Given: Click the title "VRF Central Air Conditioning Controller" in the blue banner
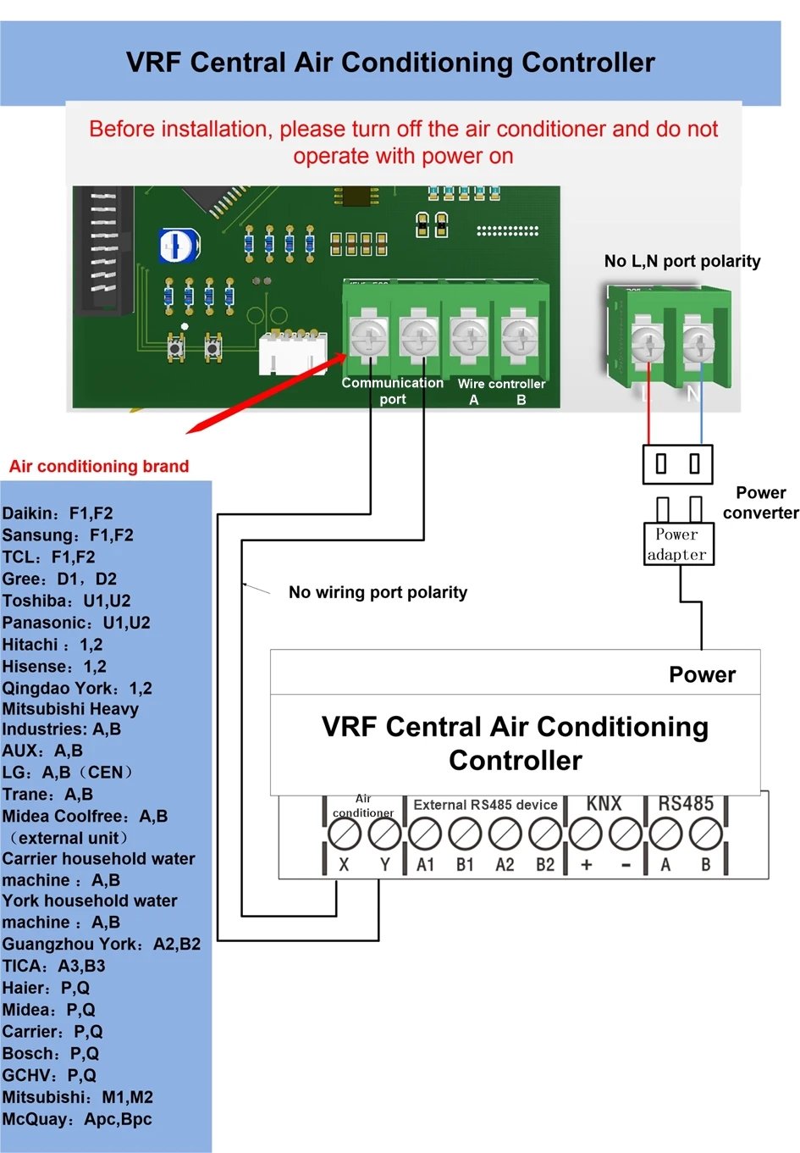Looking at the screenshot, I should pyautogui.click(x=390, y=63).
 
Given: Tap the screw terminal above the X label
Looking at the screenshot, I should pyautogui.click(x=344, y=834).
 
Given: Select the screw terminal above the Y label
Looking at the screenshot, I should pyautogui.click(x=385, y=834).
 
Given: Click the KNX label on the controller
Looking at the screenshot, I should pyautogui.click(x=604, y=803).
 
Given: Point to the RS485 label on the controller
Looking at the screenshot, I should pyautogui.click(x=686, y=803).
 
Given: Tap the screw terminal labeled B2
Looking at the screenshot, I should pyautogui.click(x=545, y=835).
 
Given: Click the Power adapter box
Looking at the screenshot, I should pyautogui.click(x=677, y=545).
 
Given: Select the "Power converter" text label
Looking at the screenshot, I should pyautogui.click(x=760, y=502).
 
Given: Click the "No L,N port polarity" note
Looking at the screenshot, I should pyautogui.click(x=682, y=261).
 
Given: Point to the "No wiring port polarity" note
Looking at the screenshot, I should pyautogui.click(x=378, y=592).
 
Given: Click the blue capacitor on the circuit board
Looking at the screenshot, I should pyautogui.click(x=179, y=246).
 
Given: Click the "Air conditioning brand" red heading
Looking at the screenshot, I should pyautogui.click(x=99, y=466).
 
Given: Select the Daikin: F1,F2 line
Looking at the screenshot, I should pyautogui.click(x=58, y=513).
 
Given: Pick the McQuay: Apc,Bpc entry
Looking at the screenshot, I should pyautogui.click(x=77, y=1119).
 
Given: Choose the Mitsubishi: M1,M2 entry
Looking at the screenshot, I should pyautogui.click(x=78, y=1097).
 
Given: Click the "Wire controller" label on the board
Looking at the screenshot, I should pyautogui.click(x=501, y=384).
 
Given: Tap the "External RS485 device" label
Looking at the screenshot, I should pyautogui.click(x=485, y=805).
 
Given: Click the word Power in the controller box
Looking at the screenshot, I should pyautogui.click(x=702, y=674).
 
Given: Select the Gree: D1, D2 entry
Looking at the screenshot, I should pyautogui.click(x=59, y=579).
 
